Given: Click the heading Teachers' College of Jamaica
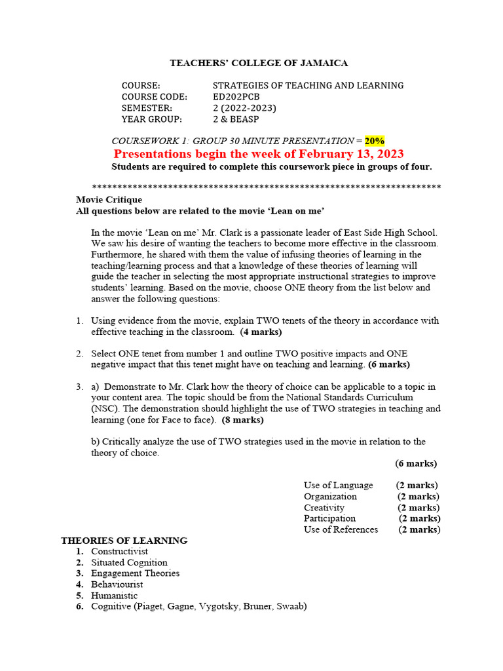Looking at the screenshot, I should click(x=259, y=64).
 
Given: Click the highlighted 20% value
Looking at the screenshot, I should click(x=375, y=141).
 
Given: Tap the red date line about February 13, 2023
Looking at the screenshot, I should click(x=259, y=154).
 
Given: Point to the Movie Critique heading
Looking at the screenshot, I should click(x=109, y=200).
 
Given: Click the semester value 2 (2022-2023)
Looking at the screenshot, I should click(x=244, y=108).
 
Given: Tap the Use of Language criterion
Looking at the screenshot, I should click(x=338, y=486).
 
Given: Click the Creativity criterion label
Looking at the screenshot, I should click(x=324, y=508).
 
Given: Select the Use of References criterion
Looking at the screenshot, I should click(x=341, y=529).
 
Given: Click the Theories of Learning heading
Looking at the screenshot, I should click(x=124, y=541).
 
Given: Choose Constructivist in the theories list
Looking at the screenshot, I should click(x=120, y=552).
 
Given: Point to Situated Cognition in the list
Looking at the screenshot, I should click(x=129, y=562).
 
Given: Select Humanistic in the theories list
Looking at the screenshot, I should click(x=114, y=596).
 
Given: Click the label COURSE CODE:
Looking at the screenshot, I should click(x=154, y=97).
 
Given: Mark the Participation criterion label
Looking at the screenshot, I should click(x=329, y=518).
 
